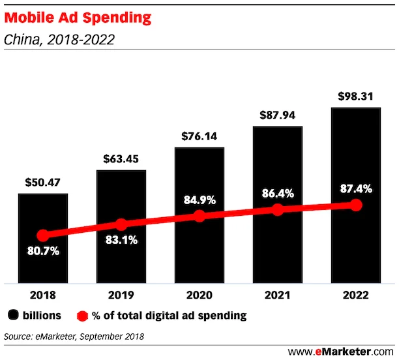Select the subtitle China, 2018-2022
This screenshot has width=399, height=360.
(x=59, y=40)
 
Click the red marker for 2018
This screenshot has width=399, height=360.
(x=43, y=235)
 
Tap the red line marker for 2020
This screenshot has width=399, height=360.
(x=199, y=216)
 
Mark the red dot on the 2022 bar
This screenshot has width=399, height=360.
(x=356, y=205)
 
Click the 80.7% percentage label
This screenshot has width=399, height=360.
(x=43, y=250)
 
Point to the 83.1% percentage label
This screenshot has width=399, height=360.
(x=121, y=240)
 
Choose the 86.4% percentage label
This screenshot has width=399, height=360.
(x=278, y=194)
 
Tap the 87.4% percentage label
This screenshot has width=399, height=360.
(x=356, y=189)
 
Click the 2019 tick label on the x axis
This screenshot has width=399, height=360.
(x=121, y=295)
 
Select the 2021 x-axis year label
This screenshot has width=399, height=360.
(x=277, y=295)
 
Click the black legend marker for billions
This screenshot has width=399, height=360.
(x=12, y=316)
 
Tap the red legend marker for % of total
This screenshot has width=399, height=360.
(x=81, y=316)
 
